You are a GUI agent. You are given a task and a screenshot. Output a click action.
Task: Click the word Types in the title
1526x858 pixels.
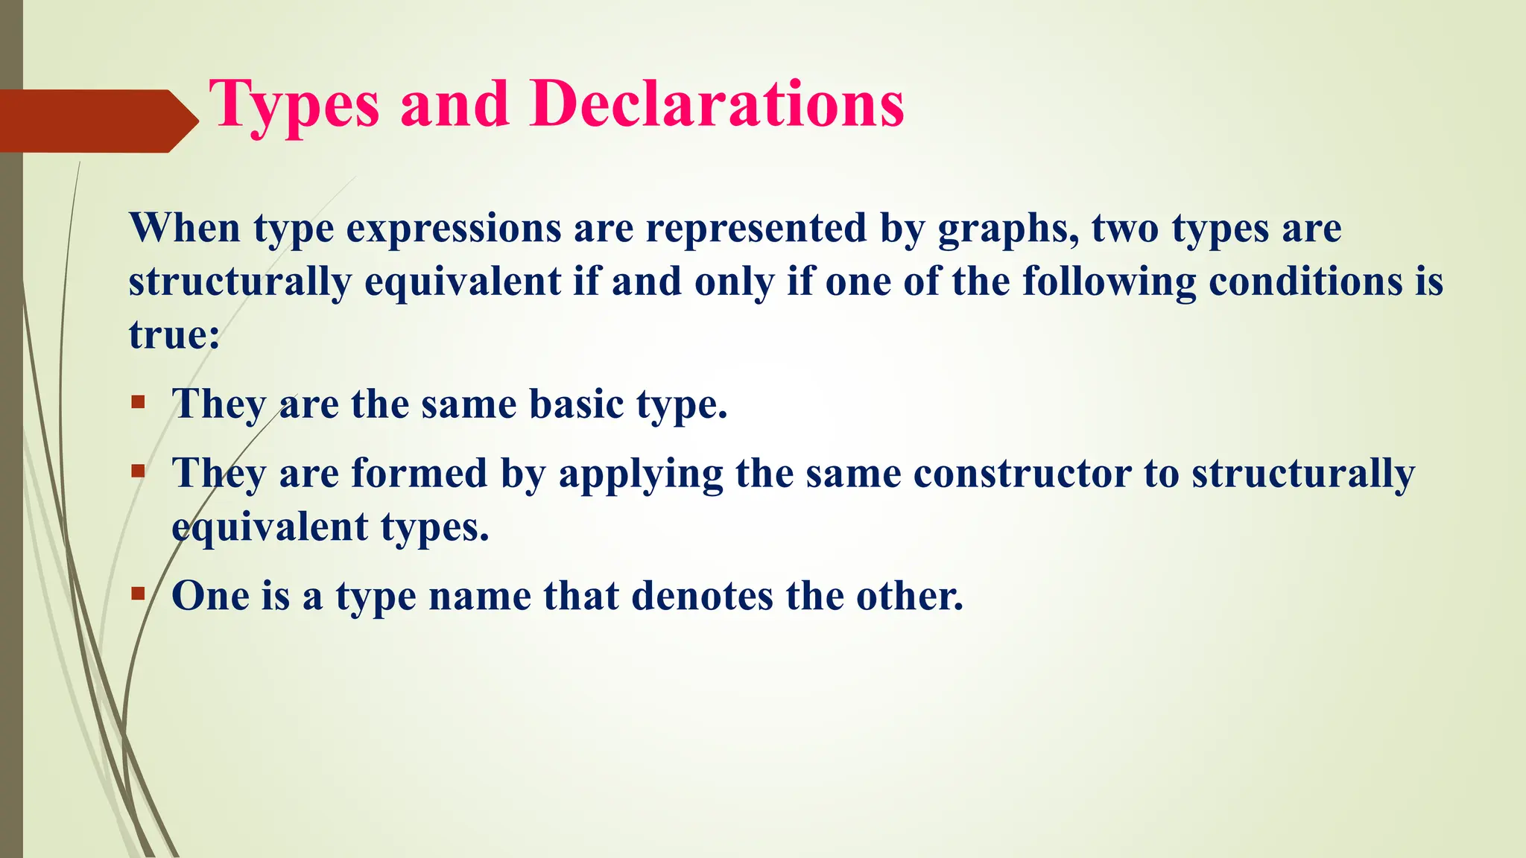(x=294, y=106)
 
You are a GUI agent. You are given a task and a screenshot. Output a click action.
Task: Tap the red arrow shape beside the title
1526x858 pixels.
(x=97, y=121)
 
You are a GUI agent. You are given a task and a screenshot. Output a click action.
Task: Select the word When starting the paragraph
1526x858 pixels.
(x=185, y=228)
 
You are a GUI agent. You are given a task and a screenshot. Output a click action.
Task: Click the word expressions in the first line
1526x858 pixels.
(x=453, y=229)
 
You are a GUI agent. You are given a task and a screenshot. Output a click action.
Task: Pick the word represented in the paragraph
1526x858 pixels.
(x=756, y=228)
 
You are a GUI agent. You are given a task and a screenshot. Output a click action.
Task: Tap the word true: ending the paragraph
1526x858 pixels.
(x=174, y=334)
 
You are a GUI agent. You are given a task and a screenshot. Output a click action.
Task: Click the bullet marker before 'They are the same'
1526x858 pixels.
(x=138, y=403)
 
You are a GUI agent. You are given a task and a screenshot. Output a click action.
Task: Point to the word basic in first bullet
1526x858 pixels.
(x=576, y=404)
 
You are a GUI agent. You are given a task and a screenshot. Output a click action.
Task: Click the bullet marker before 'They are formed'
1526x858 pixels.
(x=138, y=471)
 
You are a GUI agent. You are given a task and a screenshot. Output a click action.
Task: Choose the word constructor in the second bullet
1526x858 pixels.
(x=1022, y=474)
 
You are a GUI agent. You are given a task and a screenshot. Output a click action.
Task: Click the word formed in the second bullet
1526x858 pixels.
(x=419, y=473)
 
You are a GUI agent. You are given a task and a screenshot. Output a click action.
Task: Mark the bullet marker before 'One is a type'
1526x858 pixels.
(x=138, y=594)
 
